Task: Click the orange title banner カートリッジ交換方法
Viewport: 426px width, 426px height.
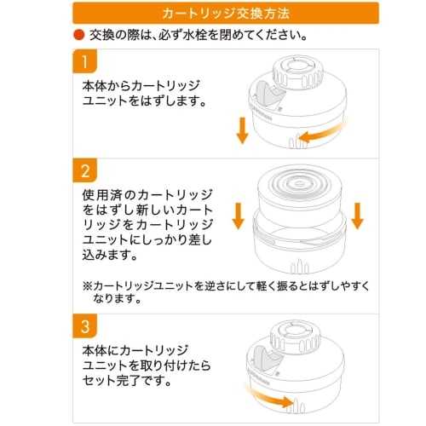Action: click(226, 13)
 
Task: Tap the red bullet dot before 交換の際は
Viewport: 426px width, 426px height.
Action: click(79, 35)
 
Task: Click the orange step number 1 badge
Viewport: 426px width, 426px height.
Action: click(85, 61)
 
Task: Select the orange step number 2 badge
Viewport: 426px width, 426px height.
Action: click(85, 170)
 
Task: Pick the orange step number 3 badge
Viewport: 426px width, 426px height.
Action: click(85, 326)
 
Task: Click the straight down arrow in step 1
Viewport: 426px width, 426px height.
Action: click(242, 130)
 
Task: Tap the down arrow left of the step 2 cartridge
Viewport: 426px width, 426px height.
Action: click(239, 216)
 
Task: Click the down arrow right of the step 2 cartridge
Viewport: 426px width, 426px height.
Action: click(357, 216)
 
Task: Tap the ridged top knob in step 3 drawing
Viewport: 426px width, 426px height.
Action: click(296, 337)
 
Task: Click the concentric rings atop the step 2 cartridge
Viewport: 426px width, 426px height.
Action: click(300, 183)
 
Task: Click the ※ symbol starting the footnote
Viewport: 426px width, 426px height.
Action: click(88, 285)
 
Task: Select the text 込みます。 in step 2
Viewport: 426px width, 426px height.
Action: click(110, 255)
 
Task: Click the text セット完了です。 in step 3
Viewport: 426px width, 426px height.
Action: click(127, 381)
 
